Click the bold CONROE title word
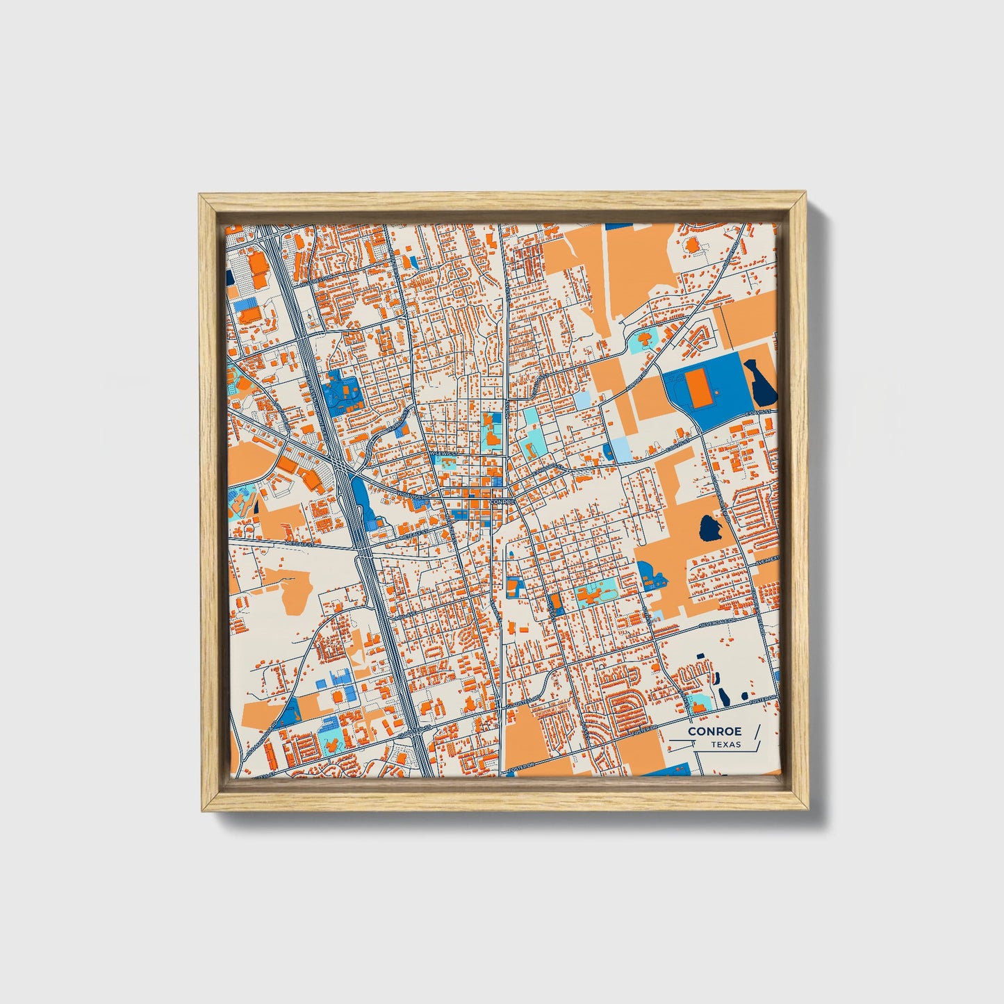point(715,731)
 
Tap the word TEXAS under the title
point(726,745)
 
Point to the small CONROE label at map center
point(502,500)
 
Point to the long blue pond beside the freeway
point(362,499)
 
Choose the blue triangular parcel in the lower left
point(290,711)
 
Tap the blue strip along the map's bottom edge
point(670,769)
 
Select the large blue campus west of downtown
point(343,394)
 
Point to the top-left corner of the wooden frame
point(201,197)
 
